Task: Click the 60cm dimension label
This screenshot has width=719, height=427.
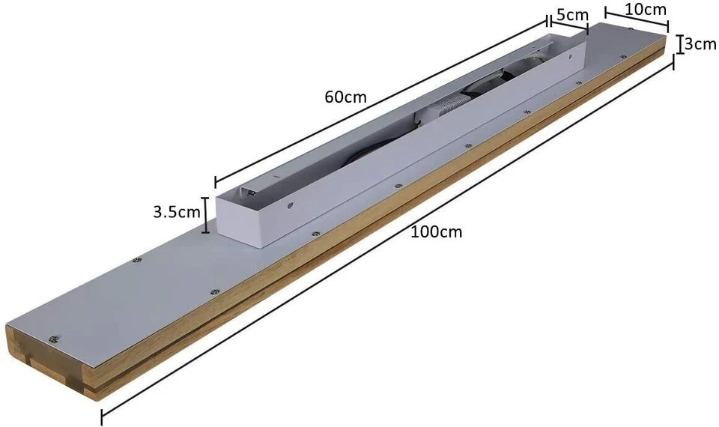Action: pos(345,97)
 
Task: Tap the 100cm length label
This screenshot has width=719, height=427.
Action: pos(437,231)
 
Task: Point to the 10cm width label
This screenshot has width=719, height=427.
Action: pos(646,9)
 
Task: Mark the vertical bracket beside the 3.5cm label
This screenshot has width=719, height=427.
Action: pos(204,213)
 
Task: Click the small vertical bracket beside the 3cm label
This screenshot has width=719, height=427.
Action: pos(680,43)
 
